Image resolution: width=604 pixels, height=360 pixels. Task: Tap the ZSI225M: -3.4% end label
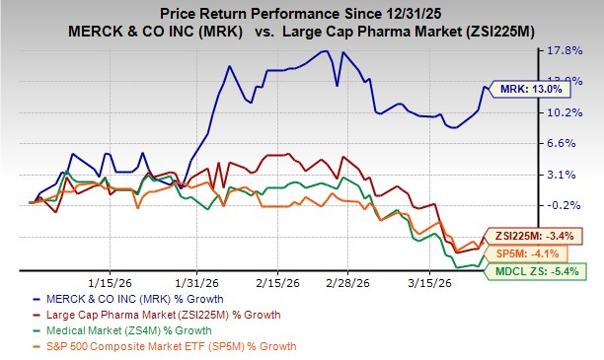[533, 237]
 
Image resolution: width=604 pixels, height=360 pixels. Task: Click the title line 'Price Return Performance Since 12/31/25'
[303, 12]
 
